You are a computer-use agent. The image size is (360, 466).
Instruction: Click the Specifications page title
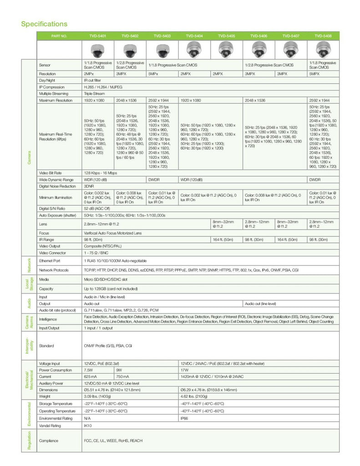point(44,24)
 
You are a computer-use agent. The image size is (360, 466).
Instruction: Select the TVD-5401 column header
point(98,35)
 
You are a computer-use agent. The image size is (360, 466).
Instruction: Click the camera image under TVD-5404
point(194,49)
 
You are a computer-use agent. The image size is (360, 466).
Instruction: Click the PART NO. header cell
point(59,35)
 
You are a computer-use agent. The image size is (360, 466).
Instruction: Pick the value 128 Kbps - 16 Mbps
point(100,173)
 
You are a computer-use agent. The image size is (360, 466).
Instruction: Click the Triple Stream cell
point(94,93)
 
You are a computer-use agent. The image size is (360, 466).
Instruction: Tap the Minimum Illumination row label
point(56,198)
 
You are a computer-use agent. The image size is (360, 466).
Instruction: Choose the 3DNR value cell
point(89,186)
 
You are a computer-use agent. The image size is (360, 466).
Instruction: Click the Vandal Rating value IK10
point(88,425)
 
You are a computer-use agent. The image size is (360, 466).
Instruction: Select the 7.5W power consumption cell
point(89,370)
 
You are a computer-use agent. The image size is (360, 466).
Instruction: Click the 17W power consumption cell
point(184,370)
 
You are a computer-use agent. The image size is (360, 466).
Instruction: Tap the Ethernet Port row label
point(50,261)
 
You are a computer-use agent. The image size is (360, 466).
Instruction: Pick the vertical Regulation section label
point(29,441)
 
